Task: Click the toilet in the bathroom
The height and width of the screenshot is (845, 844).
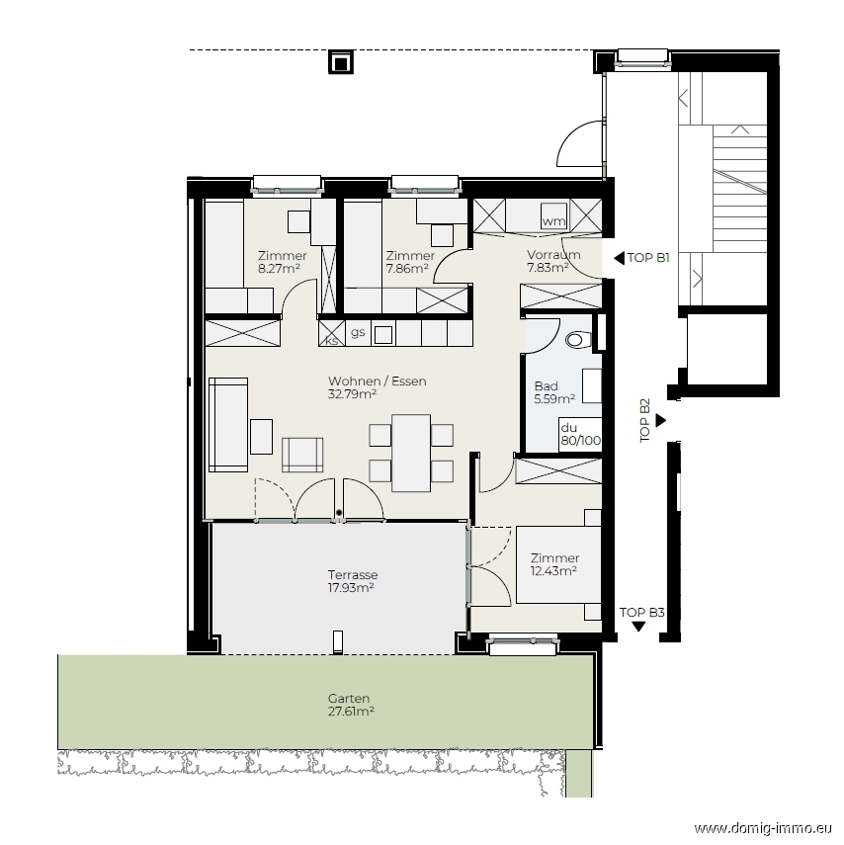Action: click(x=577, y=340)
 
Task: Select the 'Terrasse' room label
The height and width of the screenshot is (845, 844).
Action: click(x=353, y=575)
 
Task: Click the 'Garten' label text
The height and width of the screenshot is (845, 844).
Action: click(x=349, y=699)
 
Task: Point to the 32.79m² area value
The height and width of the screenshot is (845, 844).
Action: click(x=352, y=394)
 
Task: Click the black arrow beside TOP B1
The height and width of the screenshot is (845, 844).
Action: click(x=619, y=258)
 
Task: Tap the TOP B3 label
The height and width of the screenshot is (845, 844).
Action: click(x=641, y=612)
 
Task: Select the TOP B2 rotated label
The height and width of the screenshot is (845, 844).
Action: click(x=644, y=420)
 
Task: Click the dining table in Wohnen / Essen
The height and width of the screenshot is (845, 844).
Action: click(x=411, y=454)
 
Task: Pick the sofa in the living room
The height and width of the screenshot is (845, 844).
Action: click(x=228, y=425)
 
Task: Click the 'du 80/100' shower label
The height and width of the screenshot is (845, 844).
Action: click(x=580, y=434)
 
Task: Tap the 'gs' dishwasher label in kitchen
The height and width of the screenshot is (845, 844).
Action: click(x=358, y=332)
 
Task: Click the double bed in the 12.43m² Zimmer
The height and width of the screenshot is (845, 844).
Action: click(x=558, y=564)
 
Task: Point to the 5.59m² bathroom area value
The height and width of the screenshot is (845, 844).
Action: click(x=554, y=399)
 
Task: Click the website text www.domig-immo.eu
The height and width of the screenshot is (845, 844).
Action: click(x=763, y=828)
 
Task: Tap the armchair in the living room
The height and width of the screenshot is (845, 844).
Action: click(x=302, y=455)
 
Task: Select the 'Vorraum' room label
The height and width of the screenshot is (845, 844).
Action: click(x=553, y=254)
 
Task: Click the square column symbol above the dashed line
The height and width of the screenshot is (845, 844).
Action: click(x=341, y=63)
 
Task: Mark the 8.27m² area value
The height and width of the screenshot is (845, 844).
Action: click(x=279, y=269)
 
